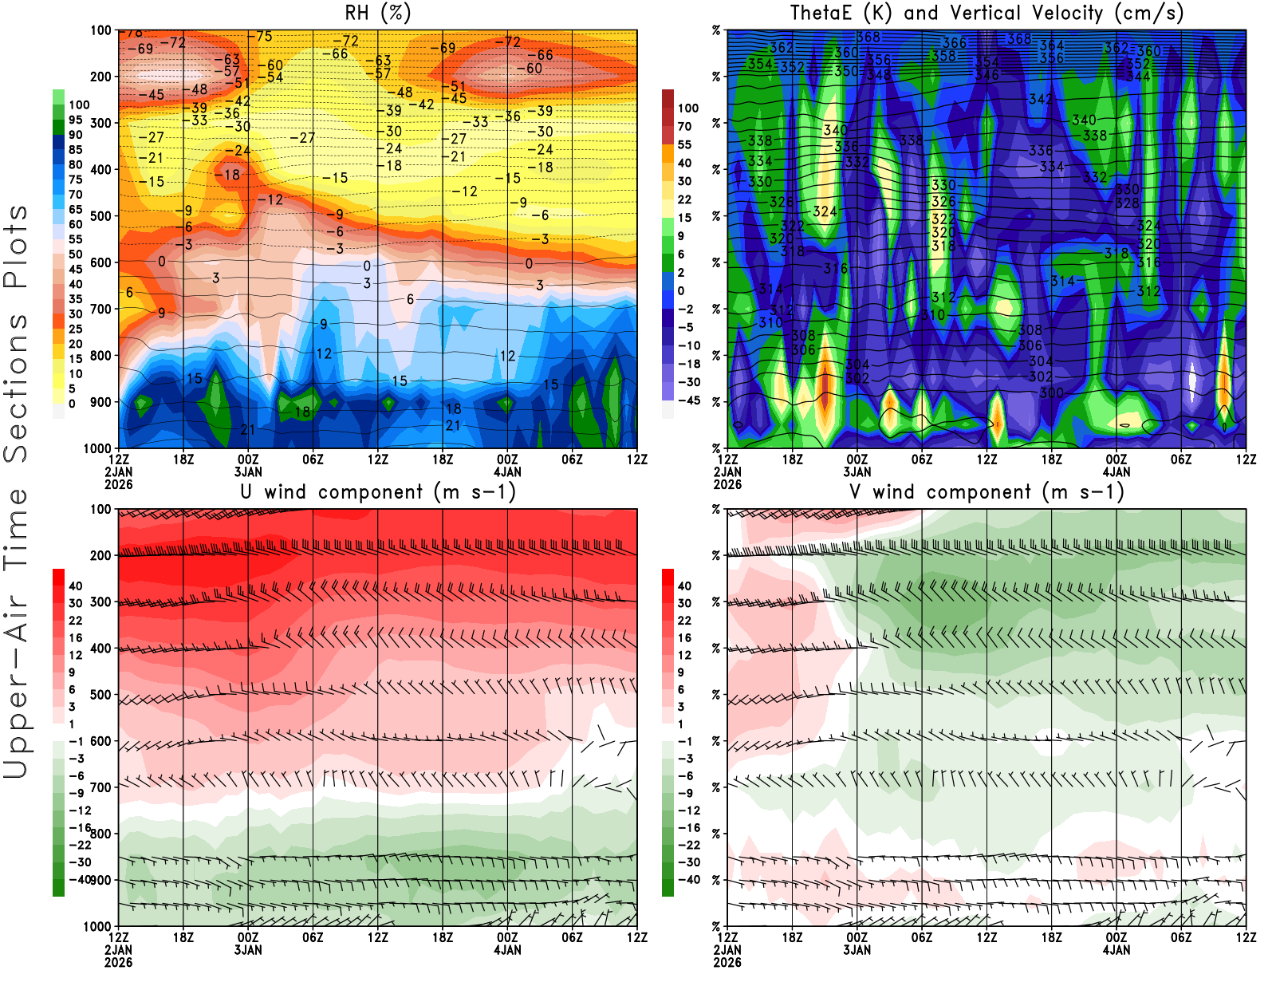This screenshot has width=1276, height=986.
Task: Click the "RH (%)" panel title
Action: [377, 14]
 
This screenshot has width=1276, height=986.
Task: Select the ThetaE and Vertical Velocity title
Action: [987, 14]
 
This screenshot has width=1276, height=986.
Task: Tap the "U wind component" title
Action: [377, 492]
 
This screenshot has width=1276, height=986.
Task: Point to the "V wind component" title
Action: [987, 492]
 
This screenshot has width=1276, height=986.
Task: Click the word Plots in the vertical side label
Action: [16, 246]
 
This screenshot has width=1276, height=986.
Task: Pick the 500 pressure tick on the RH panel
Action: [100, 216]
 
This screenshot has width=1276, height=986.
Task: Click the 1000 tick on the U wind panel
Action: [97, 927]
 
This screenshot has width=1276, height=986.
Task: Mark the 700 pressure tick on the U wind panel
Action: [100, 787]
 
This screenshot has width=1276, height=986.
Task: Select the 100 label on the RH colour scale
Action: [79, 105]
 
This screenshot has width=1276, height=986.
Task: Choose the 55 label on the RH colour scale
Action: [75, 239]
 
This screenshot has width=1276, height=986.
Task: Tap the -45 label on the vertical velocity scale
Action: [689, 400]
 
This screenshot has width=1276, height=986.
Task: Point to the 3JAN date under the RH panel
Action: [248, 472]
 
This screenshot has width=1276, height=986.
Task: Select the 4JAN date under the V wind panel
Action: [1116, 950]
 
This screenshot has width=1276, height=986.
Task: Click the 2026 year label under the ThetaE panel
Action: [727, 484]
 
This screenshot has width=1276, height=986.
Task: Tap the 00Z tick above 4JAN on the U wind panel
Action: [507, 937]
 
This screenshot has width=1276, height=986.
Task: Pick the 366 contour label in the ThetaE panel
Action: [955, 43]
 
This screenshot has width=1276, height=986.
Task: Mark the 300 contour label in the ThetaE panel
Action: [1051, 392]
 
